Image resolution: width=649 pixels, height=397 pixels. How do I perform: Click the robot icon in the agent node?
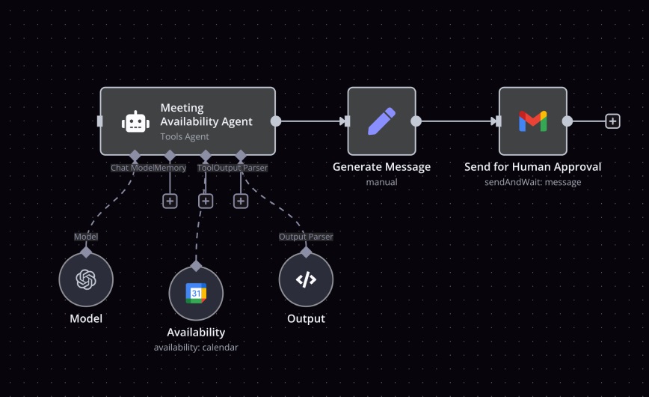(x=135, y=121)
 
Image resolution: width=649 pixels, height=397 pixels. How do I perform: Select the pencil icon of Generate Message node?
(x=381, y=121)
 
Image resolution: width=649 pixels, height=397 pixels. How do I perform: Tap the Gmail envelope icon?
(x=532, y=121)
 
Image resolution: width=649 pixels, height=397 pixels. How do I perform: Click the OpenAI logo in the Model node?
(x=86, y=279)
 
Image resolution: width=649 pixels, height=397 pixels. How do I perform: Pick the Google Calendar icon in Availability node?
(x=196, y=294)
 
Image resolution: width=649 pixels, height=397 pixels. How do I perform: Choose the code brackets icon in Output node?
(x=306, y=279)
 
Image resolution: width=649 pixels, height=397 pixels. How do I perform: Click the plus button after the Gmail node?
(x=612, y=121)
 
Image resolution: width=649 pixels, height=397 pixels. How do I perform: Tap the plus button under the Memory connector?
(x=170, y=201)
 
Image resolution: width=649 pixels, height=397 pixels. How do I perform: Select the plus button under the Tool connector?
(x=206, y=201)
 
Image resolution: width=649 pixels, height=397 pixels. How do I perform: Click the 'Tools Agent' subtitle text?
(x=185, y=137)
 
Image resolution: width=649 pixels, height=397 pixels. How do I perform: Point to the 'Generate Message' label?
(x=381, y=167)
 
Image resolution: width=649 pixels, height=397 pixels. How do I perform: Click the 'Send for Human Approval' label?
(x=532, y=167)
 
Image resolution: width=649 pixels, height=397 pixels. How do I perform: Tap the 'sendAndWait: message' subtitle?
(x=532, y=182)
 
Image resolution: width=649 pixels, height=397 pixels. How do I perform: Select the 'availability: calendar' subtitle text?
(x=196, y=347)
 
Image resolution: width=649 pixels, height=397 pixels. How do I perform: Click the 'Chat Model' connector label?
(x=132, y=168)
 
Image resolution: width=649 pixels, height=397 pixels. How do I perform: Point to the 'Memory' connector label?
(x=170, y=168)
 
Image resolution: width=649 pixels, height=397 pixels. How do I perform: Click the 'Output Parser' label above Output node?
(x=306, y=237)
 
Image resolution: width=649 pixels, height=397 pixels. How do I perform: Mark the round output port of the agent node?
(x=276, y=121)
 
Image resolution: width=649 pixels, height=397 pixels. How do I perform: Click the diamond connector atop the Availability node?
(x=196, y=266)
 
